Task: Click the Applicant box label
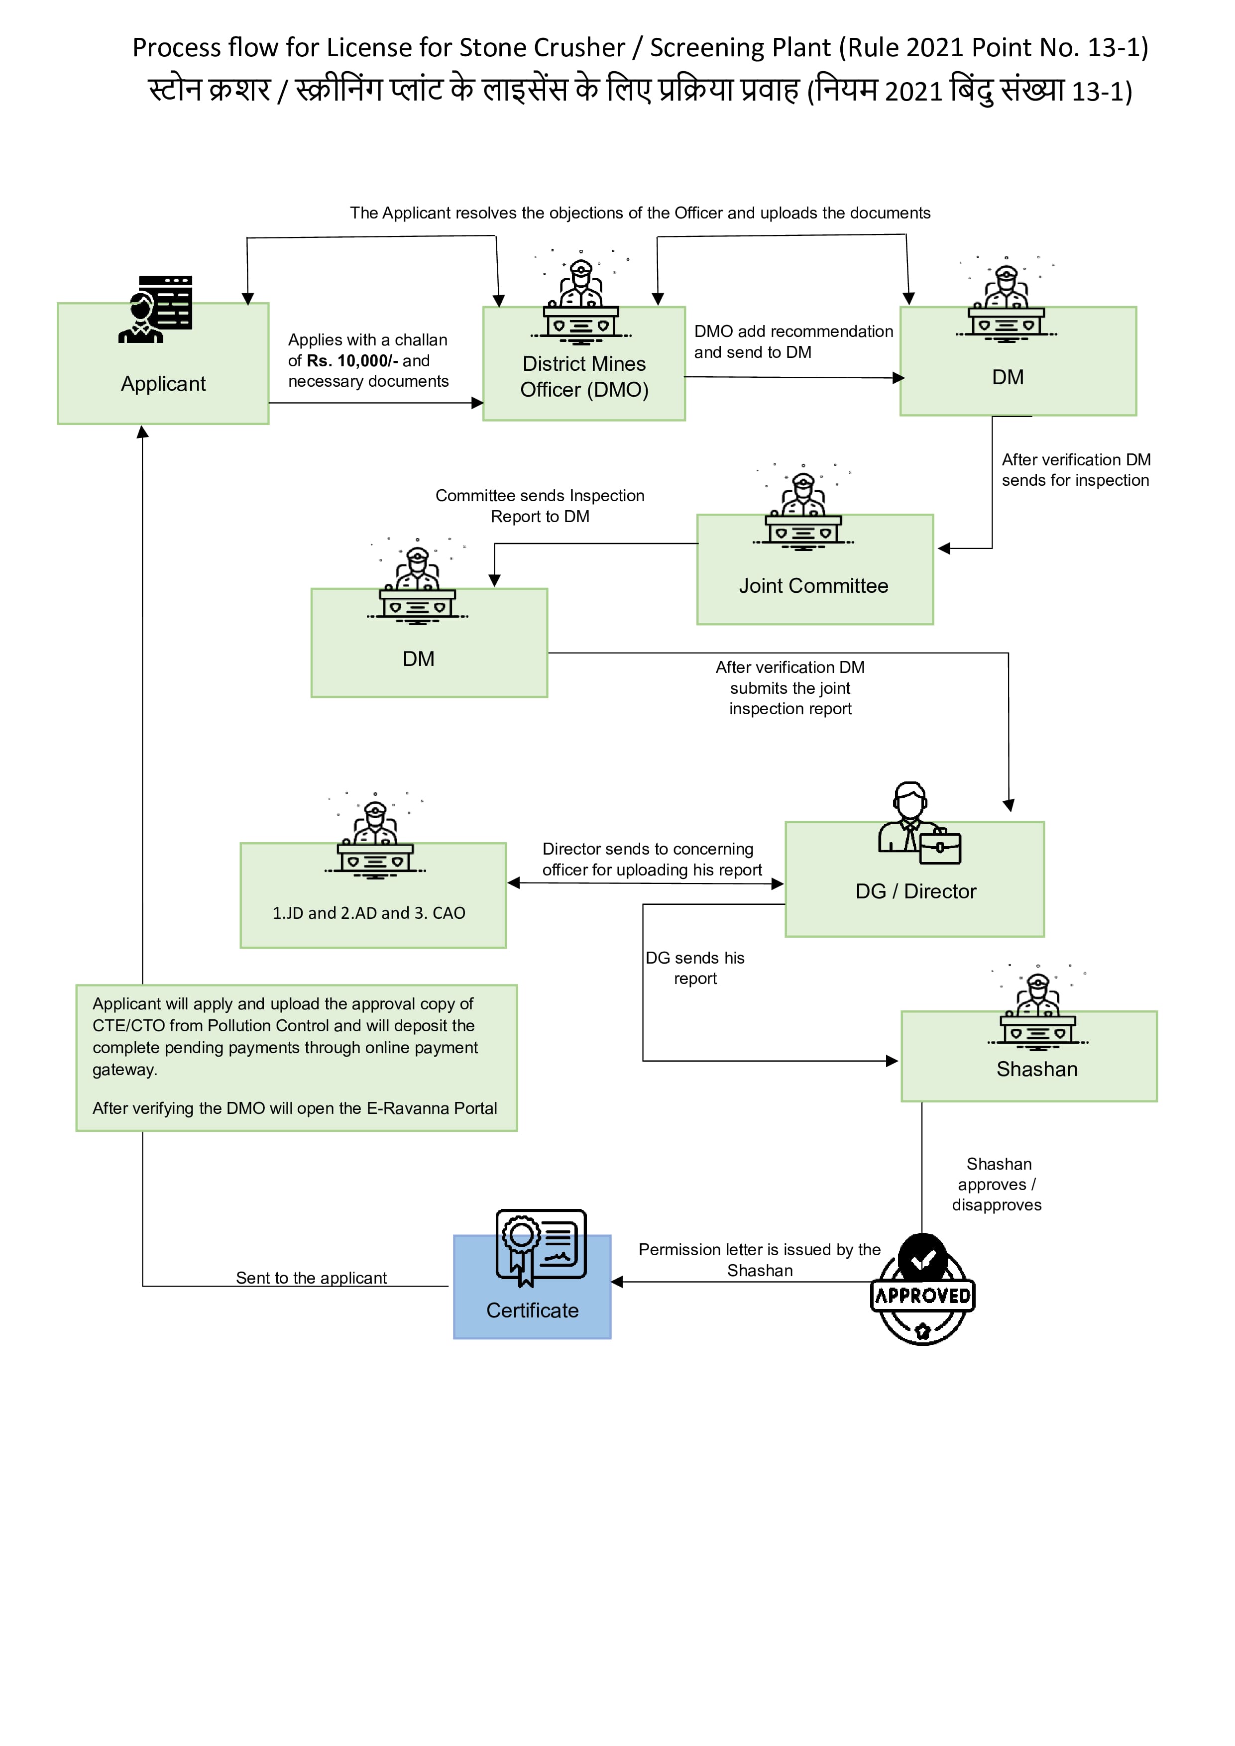163,384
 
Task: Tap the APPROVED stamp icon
922,1290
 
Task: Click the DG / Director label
915,891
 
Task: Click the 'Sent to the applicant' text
311,1278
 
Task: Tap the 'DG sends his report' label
695,968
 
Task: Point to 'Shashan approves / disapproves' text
997,1184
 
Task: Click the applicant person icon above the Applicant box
156,310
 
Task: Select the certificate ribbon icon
541,1247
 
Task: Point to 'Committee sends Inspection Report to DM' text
540,506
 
